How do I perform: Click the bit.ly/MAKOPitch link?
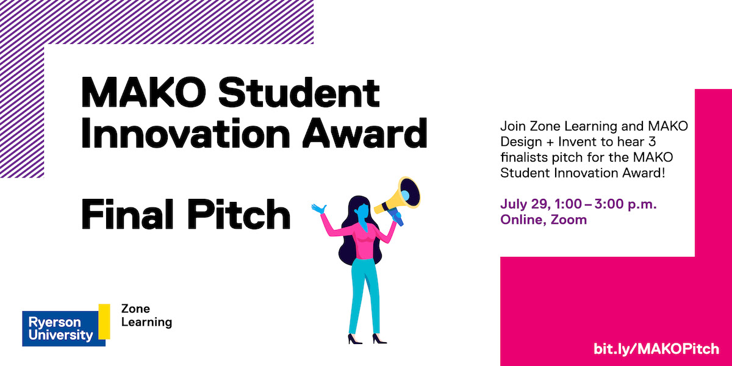(x=656, y=350)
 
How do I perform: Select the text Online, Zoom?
(x=544, y=220)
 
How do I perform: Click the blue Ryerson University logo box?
(x=59, y=328)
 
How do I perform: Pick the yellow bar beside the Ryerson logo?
(x=104, y=321)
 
